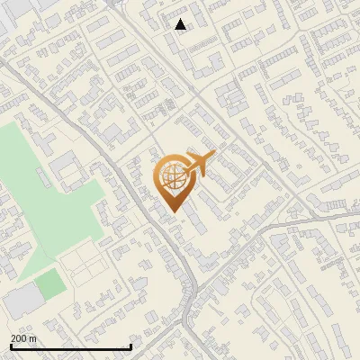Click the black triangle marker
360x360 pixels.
click(x=181, y=24)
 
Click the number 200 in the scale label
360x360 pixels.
click(x=20, y=338)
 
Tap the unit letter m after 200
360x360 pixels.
click(x=33, y=338)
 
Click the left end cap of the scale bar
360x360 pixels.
click(x=11, y=346)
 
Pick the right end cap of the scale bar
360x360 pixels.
click(x=131, y=346)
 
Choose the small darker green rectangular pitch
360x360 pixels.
click(x=50, y=284)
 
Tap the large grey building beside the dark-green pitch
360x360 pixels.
click(x=22, y=301)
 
